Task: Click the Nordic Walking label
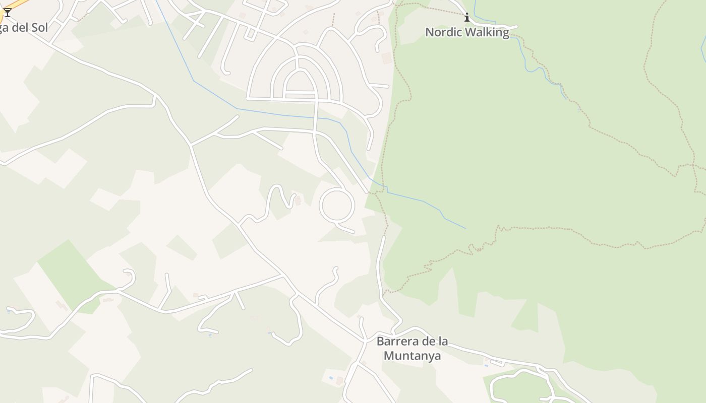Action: click(x=467, y=32)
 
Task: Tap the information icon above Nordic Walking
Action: click(x=467, y=18)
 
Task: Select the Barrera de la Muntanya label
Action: click(x=412, y=348)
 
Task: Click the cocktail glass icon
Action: click(x=8, y=12)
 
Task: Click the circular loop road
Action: click(x=337, y=205)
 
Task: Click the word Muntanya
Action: click(x=412, y=356)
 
